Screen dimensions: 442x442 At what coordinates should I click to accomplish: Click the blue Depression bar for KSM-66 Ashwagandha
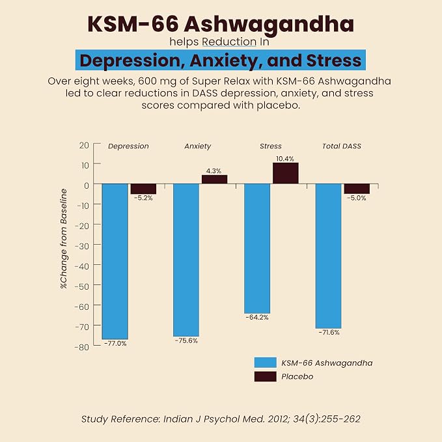click(x=115, y=261)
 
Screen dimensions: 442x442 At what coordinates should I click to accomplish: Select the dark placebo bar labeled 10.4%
click(x=285, y=173)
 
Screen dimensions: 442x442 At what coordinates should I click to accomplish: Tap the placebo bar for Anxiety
click(x=214, y=180)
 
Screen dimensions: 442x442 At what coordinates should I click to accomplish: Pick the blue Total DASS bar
click(x=328, y=256)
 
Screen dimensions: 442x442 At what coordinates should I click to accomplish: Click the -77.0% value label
click(x=115, y=344)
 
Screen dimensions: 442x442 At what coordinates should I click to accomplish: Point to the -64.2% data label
click(x=257, y=318)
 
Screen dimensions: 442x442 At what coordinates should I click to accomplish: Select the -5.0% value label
click(x=356, y=198)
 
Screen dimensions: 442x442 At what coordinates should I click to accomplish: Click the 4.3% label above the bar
click(x=214, y=171)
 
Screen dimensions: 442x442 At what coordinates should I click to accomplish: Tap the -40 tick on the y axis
click(x=81, y=266)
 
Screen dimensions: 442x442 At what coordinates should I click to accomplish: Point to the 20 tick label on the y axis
click(x=84, y=145)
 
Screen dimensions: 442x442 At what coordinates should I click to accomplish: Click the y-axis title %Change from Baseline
click(x=64, y=238)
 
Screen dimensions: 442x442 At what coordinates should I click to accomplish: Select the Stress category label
click(x=271, y=146)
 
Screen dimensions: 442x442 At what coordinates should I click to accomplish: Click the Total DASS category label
click(x=342, y=146)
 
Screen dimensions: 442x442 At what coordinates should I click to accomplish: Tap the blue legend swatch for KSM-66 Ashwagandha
click(x=265, y=363)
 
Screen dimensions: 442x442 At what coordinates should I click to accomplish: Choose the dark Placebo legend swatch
click(x=265, y=377)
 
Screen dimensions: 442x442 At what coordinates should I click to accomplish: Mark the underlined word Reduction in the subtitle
click(x=229, y=42)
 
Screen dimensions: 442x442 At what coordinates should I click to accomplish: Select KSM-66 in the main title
click(x=133, y=24)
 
